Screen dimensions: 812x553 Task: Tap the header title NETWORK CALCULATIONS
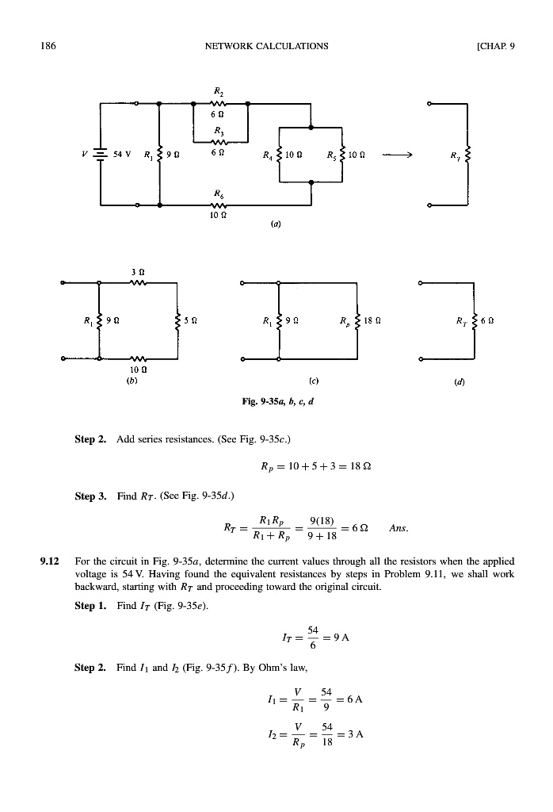[x=266, y=45]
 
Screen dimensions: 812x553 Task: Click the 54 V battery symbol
[x=101, y=154]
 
